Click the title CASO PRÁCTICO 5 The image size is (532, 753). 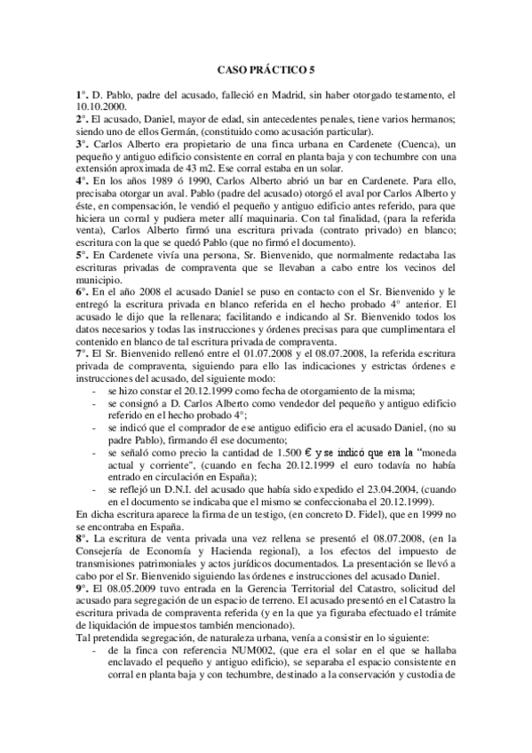[266, 68]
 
